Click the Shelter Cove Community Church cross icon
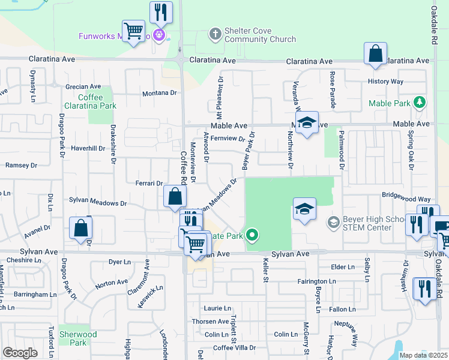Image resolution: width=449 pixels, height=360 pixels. pyautogui.click(x=215, y=34)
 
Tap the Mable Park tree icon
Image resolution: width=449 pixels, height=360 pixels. pyautogui.click(x=420, y=103)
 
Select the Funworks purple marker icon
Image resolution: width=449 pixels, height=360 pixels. pyautogui.click(x=158, y=35)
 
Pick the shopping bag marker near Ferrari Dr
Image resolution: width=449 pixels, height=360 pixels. pyautogui.click(x=174, y=196)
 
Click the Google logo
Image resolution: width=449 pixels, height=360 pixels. pyautogui.click(x=20, y=353)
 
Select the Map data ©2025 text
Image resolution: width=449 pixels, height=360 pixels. pyautogui.click(x=424, y=355)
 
